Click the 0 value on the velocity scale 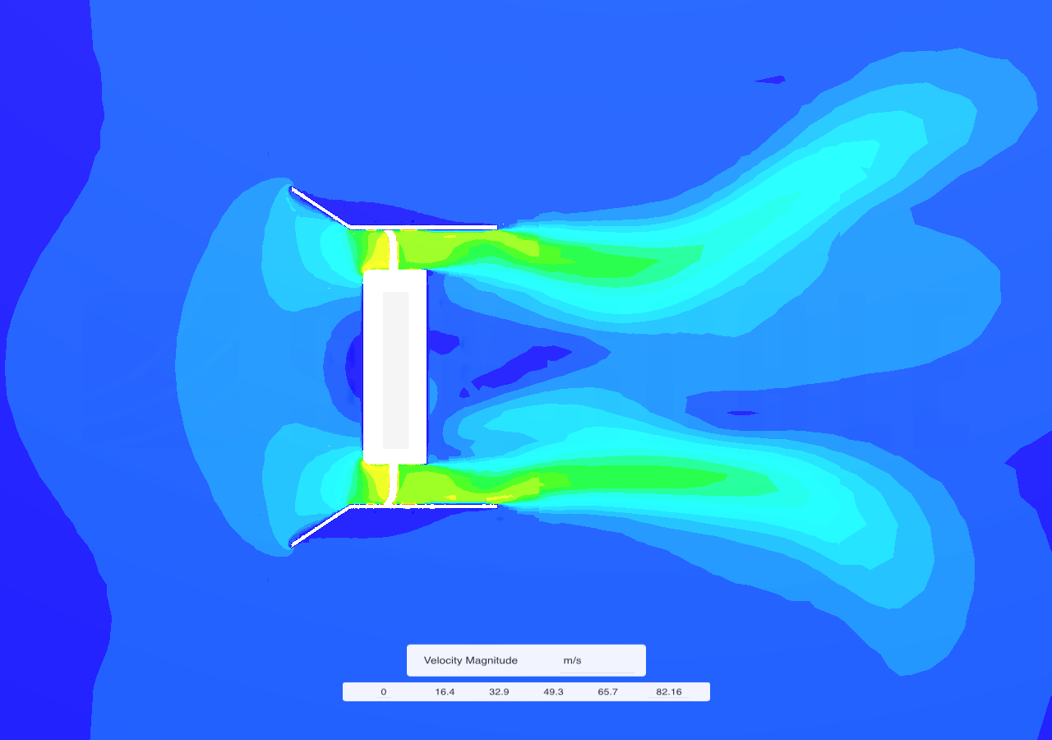pos(384,691)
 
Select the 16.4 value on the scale pos(445,691)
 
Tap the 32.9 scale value pos(499,691)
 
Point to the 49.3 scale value pos(553,691)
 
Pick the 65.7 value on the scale pos(607,691)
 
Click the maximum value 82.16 pos(669,691)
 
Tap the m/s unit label pos(572,660)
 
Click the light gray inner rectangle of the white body pos(395,370)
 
